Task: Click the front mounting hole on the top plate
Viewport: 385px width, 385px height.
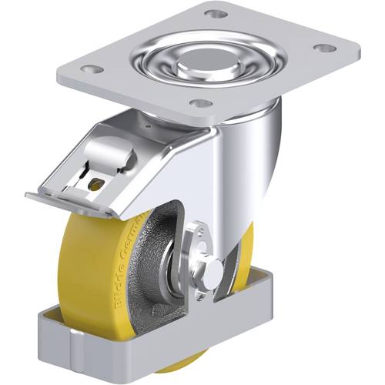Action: [x=199, y=103]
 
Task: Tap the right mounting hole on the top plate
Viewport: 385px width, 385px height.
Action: [x=325, y=48]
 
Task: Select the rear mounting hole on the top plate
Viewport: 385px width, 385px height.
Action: [x=218, y=15]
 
